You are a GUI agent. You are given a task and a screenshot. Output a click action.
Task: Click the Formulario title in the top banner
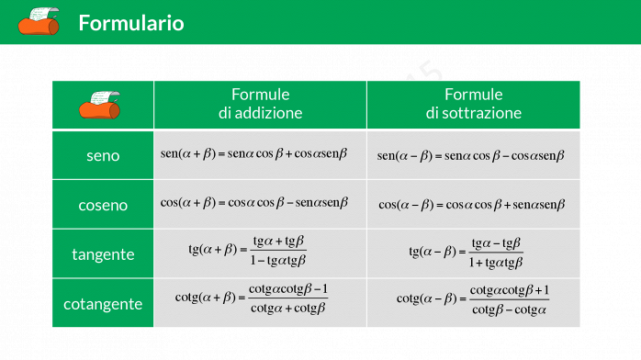[x=131, y=23]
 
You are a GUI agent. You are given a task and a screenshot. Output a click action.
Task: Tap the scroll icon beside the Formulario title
[x=39, y=21]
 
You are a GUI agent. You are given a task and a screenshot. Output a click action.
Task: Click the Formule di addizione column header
[x=260, y=105]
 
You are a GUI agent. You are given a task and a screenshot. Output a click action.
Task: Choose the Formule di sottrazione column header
[x=473, y=105]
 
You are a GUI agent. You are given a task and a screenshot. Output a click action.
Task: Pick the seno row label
[x=103, y=155]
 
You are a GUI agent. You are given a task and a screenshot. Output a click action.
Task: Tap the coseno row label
[x=103, y=205]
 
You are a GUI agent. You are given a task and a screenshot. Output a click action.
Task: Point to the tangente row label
[x=103, y=254]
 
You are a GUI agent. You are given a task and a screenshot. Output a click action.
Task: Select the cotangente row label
[x=103, y=303]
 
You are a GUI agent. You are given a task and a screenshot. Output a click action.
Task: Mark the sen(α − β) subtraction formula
[x=470, y=155]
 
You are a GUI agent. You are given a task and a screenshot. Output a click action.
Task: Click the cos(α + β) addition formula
[x=253, y=203]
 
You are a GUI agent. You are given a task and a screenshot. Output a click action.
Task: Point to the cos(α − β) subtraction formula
[x=471, y=205]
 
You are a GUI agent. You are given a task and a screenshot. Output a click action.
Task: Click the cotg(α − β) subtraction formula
[x=472, y=300]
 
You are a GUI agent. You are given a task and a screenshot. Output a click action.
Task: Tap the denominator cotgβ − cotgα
[x=509, y=309]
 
